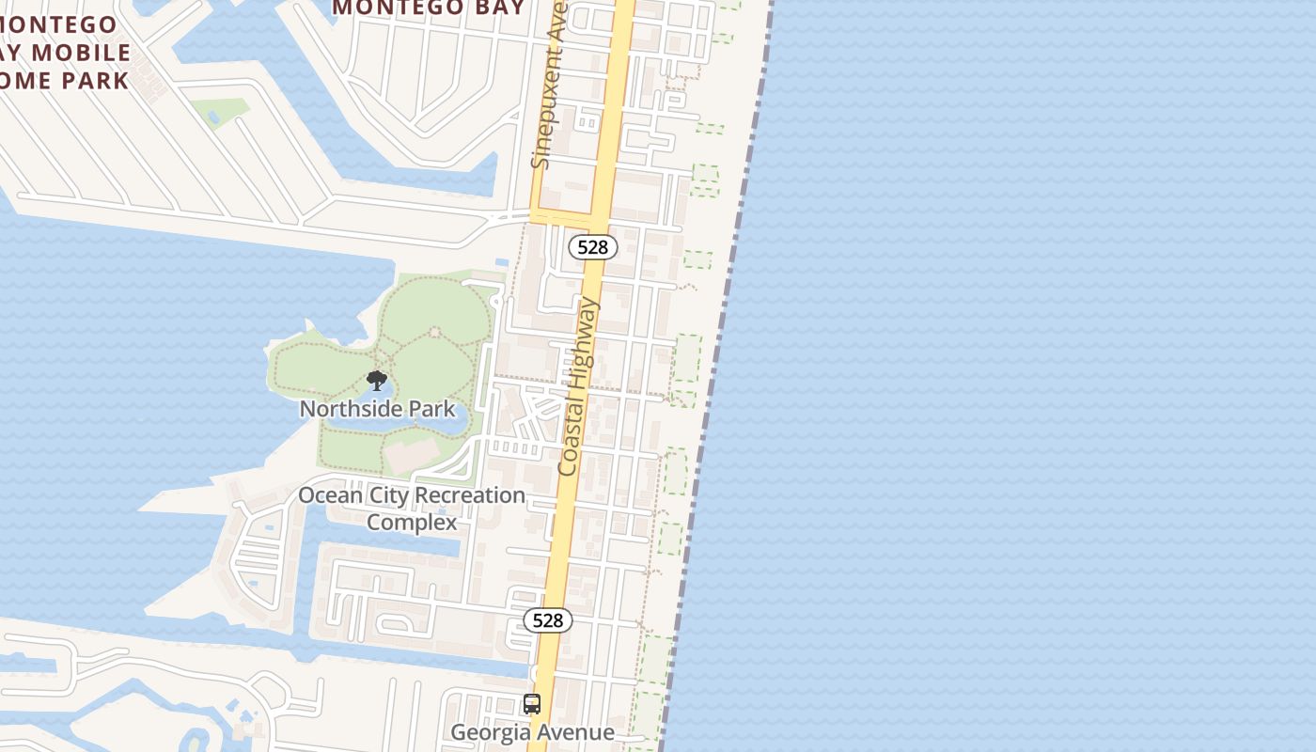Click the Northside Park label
coord(378,409)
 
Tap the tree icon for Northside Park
coord(377,381)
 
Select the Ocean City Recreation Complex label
coord(412,508)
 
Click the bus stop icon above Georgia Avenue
coord(532,704)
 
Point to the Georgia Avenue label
coord(532,732)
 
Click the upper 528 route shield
coord(593,247)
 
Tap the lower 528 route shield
coord(547,620)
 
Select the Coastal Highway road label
coord(578,386)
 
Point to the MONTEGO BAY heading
coord(428,8)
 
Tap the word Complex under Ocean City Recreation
coord(412,522)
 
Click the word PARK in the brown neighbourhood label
coord(97,80)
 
